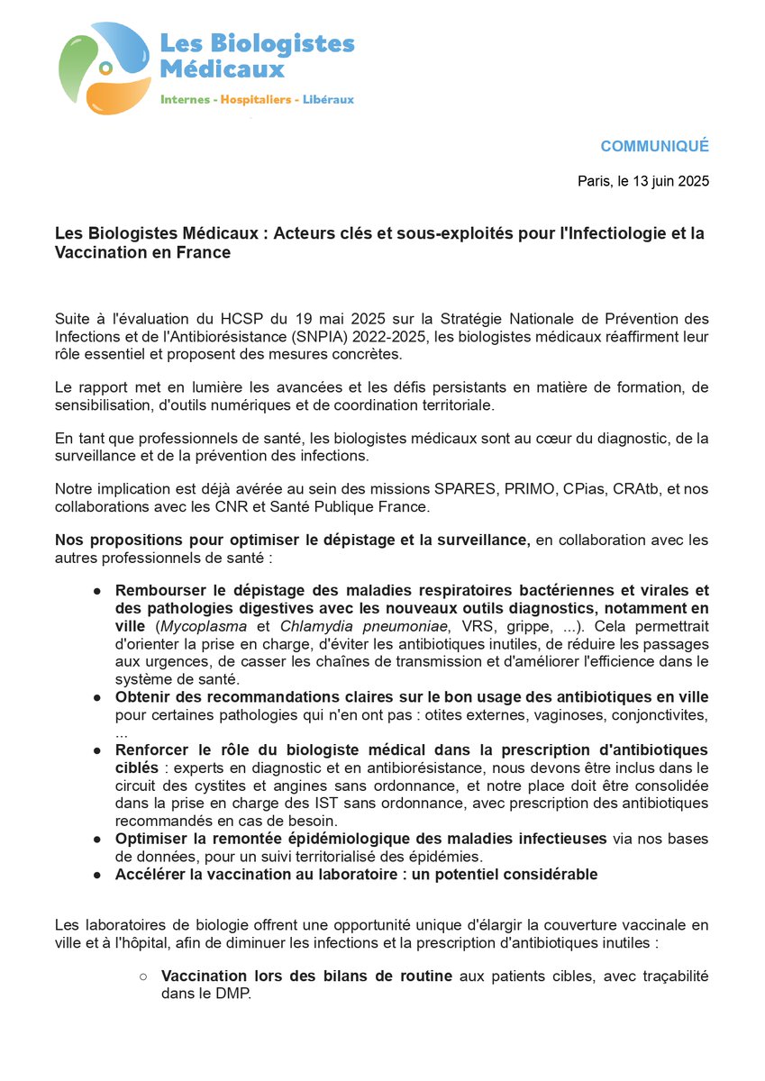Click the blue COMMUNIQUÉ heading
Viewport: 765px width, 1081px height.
point(654,146)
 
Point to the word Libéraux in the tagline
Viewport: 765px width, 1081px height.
point(326,99)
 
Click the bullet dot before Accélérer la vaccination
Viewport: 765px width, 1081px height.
point(96,874)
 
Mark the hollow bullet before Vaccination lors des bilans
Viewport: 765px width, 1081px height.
point(142,976)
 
